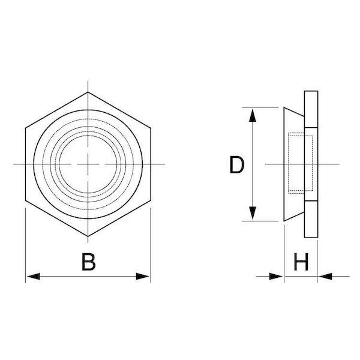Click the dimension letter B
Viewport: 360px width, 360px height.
click(88, 262)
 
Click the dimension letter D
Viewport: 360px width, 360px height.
click(237, 164)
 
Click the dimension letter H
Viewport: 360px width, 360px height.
click(301, 262)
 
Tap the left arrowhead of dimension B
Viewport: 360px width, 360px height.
click(33, 276)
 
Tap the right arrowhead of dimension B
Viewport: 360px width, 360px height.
click(143, 276)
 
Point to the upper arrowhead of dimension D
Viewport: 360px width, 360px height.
click(253, 115)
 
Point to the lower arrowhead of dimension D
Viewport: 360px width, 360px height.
click(253, 213)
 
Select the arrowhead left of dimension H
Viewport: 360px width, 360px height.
click(276, 276)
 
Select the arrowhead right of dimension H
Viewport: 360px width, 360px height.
click(325, 276)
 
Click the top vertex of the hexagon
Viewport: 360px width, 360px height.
click(88, 92)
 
